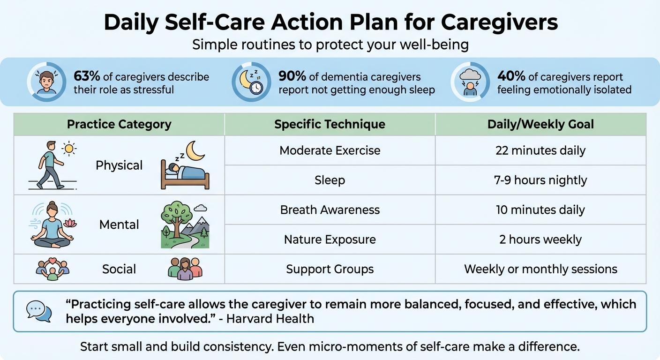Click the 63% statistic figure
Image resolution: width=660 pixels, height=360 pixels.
click(x=85, y=76)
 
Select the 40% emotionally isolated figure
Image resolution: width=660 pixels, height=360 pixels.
click(x=510, y=76)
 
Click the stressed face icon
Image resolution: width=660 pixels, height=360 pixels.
click(x=46, y=82)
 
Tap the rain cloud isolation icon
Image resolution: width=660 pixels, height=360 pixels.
click(x=470, y=82)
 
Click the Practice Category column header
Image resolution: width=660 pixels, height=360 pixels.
click(x=119, y=124)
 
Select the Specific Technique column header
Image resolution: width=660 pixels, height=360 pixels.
click(x=330, y=124)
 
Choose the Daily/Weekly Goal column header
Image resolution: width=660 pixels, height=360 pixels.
click(x=540, y=124)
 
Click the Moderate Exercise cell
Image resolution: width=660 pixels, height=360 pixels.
click(x=330, y=150)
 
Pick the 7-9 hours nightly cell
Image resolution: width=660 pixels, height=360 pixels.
click(x=540, y=180)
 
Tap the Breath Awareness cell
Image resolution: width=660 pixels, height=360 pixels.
click(x=330, y=210)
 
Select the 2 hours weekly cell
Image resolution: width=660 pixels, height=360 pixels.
click(x=540, y=240)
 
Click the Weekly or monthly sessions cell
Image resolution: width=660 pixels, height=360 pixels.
click(x=540, y=269)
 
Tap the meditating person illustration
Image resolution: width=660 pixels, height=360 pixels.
click(x=52, y=225)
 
